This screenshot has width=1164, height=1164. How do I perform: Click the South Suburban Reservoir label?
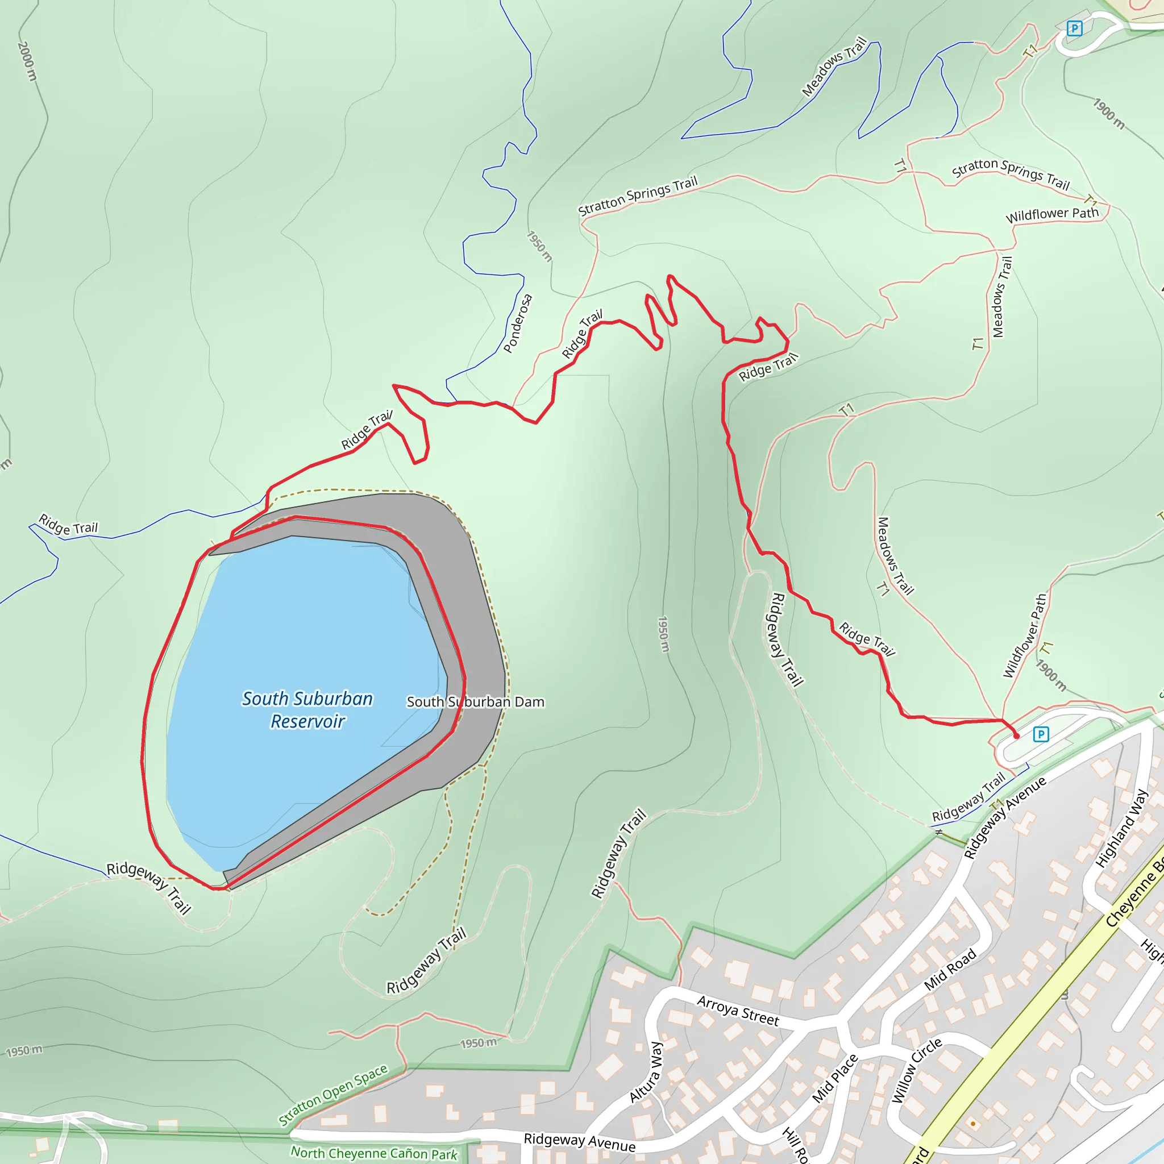307,710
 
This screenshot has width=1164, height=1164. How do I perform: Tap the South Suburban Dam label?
475,702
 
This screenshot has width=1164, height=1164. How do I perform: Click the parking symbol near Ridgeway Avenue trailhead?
1041,734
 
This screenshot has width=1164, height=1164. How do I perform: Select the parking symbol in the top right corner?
1074,28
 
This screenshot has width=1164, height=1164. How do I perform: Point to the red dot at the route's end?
1017,736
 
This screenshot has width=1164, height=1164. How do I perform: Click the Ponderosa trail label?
518,323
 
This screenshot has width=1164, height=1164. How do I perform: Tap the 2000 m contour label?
27,61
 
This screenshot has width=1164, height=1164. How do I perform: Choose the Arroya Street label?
738,1011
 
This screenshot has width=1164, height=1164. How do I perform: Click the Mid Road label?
950,970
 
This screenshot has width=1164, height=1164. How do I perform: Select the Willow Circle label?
916,1070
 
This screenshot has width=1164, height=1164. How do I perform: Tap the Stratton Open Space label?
332,1095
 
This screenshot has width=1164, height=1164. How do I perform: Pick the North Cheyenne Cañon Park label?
373,1153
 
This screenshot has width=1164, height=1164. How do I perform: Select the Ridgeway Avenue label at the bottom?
579,1142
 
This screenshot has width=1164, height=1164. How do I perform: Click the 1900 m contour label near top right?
1108,113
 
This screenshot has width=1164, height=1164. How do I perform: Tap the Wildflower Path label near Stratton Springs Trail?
1052,214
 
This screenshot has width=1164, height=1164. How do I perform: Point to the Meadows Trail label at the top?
834,66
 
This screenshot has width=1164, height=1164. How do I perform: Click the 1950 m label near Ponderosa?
539,246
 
